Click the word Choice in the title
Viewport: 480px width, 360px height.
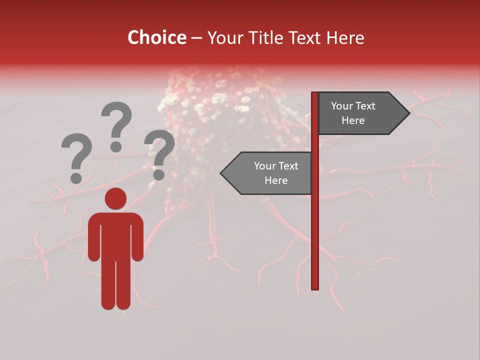156,37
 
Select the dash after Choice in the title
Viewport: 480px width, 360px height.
196,38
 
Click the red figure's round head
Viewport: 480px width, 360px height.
115,198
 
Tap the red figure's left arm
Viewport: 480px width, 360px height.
94,237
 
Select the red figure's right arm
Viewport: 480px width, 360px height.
137,237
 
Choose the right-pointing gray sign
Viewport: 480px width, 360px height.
360,113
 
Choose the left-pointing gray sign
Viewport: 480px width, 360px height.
270,173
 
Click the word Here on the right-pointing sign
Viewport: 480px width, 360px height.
353,120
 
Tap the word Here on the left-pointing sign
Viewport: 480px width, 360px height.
276,180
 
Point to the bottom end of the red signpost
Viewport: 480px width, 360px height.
315,287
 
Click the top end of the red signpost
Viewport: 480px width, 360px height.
315,94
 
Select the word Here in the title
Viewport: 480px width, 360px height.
344,37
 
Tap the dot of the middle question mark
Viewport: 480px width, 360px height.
116,146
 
